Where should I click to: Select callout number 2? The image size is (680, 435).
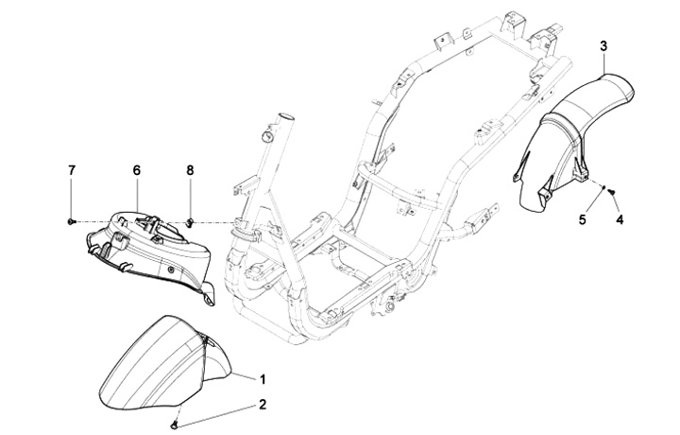click(263, 404)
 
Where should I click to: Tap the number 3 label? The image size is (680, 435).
click(603, 44)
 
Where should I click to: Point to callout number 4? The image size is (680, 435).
click(620, 219)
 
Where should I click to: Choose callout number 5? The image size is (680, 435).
click(583, 219)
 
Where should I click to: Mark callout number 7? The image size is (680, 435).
click(71, 169)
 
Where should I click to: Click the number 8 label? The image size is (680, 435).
click(189, 169)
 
